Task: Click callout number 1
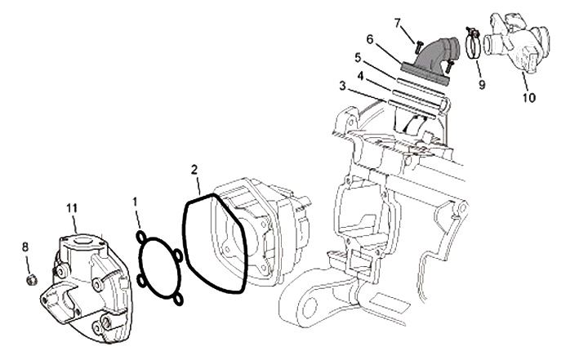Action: pyautogui.click(x=135, y=202)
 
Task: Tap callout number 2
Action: pyautogui.click(x=194, y=170)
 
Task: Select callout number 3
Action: pyautogui.click(x=342, y=86)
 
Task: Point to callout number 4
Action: pyautogui.click(x=360, y=76)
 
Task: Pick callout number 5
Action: pyautogui.click(x=358, y=58)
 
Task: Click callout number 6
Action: pyautogui.click(x=370, y=38)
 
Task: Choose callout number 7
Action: pyautogui.click(x=398, y=23)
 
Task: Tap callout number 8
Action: pyautogui.click(x=25, y=247)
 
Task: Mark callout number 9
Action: pyautogui.click(x=482, y=85)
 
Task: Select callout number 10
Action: pyautogui.click(x=528, y=98)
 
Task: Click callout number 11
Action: pyautogui.click(x=72, y=207)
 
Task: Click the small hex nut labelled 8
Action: pyautogui.click(x=31, y=280)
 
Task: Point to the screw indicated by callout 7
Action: pyautogui.click(x=418, y=47)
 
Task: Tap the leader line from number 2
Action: pyautogui.click(x=198, y=184)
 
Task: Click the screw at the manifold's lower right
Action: pyautogui.click(x=449, y=66)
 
